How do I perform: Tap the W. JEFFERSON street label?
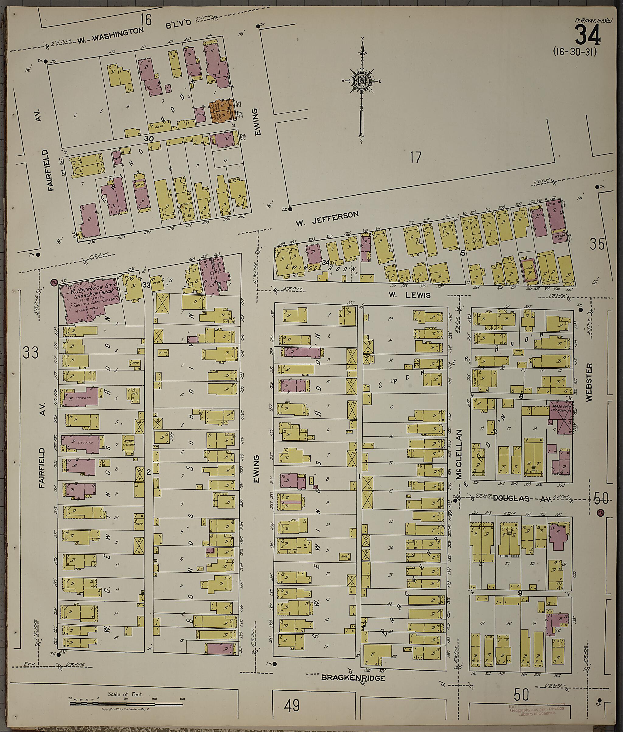(x=327, y=219)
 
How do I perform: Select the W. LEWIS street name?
(x=410, y=295)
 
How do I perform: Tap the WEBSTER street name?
(x=588, y=382)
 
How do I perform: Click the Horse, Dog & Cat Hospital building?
(x=560, y=417)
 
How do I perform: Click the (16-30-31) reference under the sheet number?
(x=575, y=52)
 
